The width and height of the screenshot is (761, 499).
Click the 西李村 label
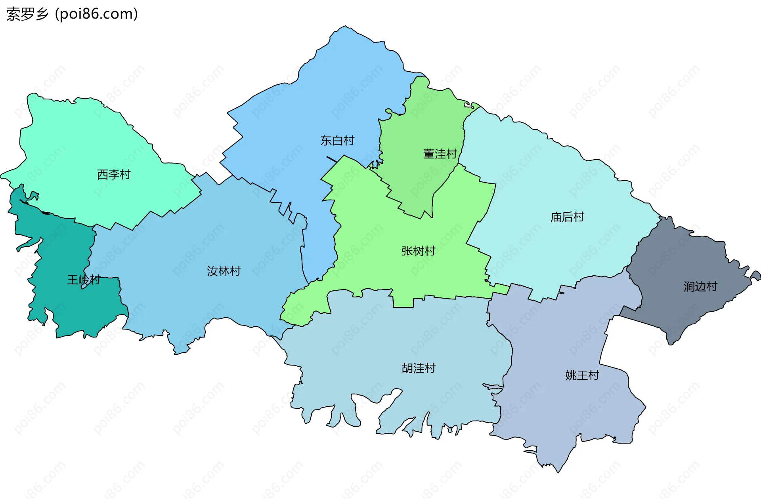[x=114, y=175]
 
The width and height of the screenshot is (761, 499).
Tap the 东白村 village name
[x=337, y=141]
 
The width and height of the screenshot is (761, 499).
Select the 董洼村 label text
[x=440, y=154]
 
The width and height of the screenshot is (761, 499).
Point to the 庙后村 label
[x=567, y=217]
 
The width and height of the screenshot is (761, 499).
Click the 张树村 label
[x=418, y=251]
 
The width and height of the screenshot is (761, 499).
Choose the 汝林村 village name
[x=224, y=271]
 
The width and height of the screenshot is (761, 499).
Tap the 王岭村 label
[x=83, y=280]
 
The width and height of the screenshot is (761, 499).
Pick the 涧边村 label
[x=700, y=287]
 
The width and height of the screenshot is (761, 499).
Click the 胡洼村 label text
[x=419, y=368]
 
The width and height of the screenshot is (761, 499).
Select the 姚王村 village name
[x=582, y=375]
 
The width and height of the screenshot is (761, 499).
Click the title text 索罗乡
[x=27, y=14]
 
